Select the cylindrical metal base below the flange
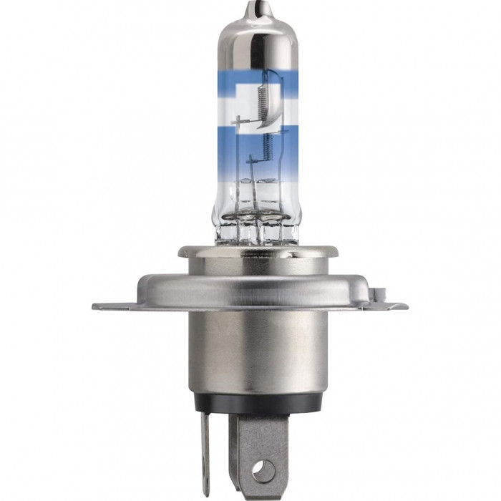point(250,344)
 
